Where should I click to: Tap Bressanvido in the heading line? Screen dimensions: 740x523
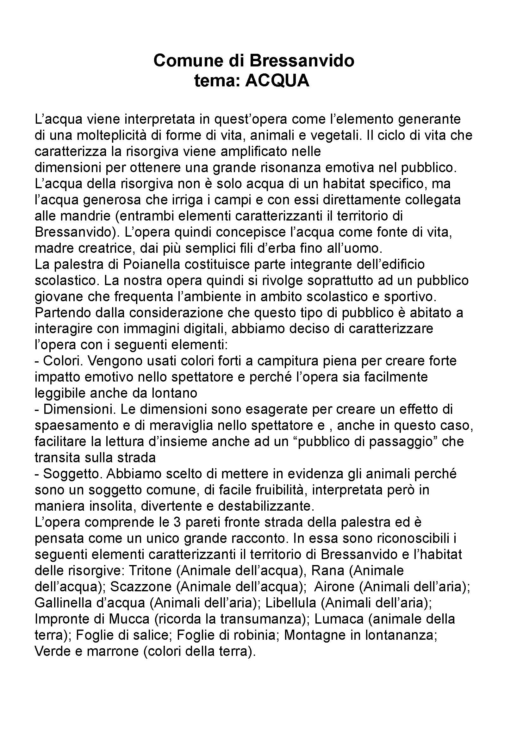click(x=302, y=60)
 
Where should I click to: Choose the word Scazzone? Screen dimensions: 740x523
click(x=140, y=587)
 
